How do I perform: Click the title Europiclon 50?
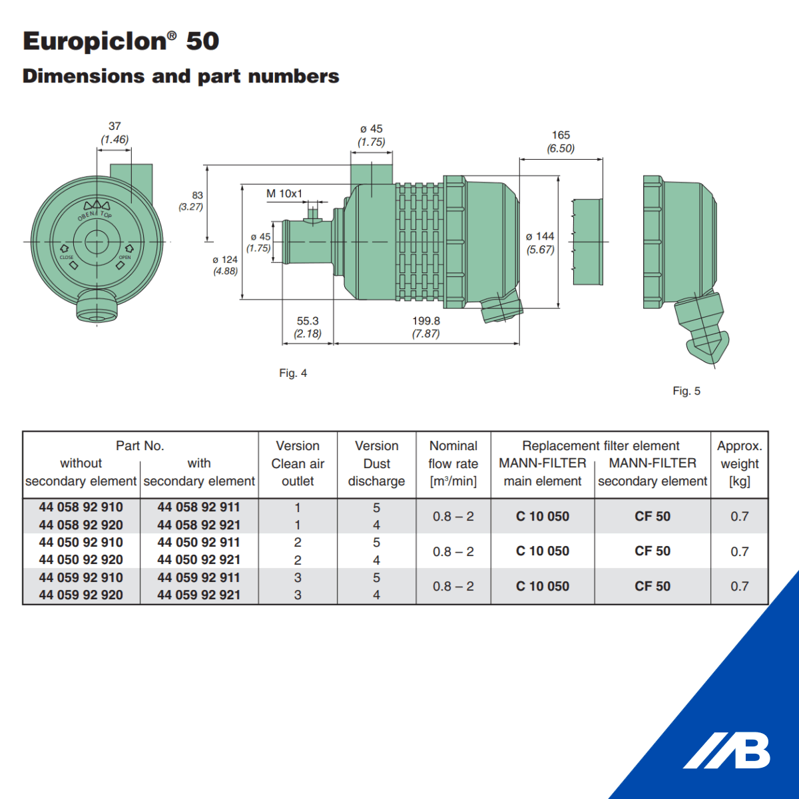pos(121,41)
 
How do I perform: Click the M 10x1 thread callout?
pos(284,194)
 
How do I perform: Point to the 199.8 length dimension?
pos(426,321)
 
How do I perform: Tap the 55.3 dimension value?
pos(308,321)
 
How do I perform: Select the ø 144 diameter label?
pos(540,236)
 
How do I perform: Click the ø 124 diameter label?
pos(225,260)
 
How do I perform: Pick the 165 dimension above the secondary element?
pos(561,135)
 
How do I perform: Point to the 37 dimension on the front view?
pos(115,126)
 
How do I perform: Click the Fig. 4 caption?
pos(293,373)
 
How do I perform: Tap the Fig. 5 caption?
pos(686,391)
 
